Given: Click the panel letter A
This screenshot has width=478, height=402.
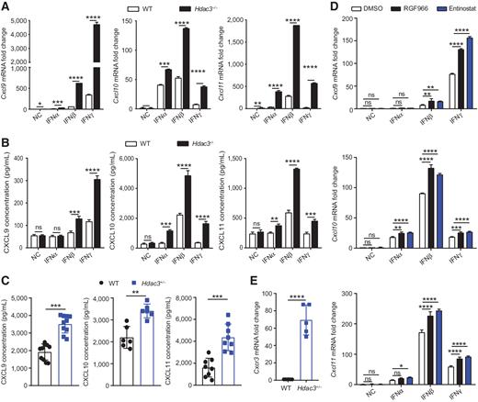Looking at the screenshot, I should (6, 7).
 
